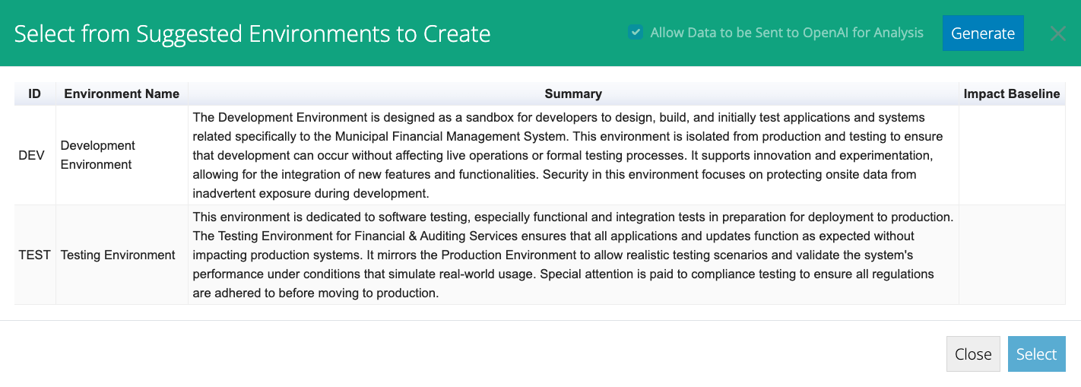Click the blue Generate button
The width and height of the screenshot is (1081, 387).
pos(983,33)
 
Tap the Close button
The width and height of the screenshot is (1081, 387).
pos(973,354)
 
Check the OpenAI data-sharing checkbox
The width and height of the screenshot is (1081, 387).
pos(636,33)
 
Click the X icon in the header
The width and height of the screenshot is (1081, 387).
pos(1058,33)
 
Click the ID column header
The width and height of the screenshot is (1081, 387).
pos(35,94)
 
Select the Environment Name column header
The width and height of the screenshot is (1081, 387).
pos(122,94)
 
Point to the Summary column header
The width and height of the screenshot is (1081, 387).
pos(573,94)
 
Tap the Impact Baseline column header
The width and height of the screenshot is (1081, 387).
pos(1012,94)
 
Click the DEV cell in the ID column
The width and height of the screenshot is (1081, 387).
pos(31,155)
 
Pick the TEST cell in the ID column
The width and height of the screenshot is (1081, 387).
pos(35,255)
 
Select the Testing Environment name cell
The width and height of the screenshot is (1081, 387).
pos(118,255)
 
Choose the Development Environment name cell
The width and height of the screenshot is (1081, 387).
pos(97,155)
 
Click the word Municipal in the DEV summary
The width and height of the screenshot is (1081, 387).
pos(361,137)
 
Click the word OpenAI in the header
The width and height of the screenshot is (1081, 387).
pos(824,33)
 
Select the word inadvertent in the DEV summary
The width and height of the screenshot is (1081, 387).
pos(224,193)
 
